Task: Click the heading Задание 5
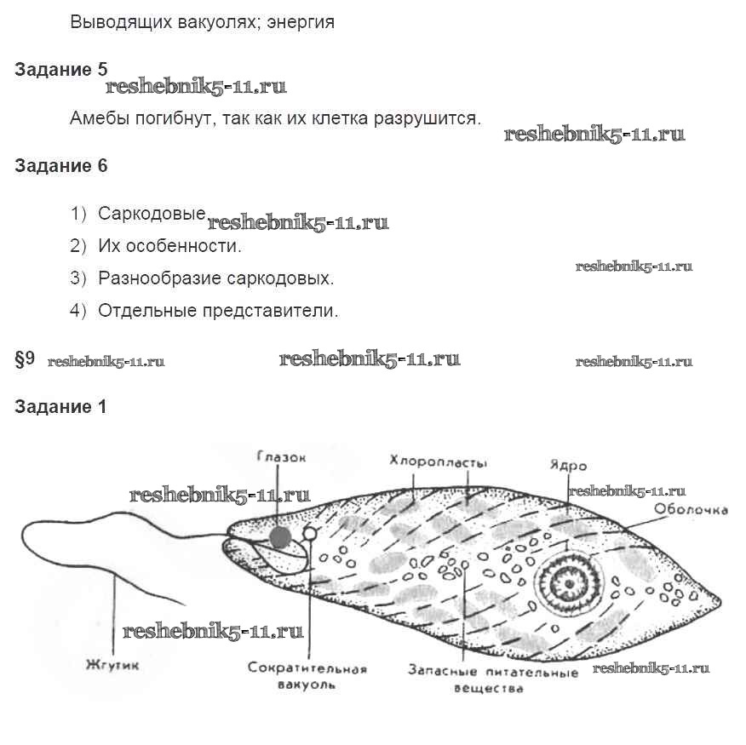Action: tap(60, 70)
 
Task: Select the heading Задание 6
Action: tap(60, 166)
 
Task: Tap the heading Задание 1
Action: tap(60, 407)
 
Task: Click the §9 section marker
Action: tap(25, 359)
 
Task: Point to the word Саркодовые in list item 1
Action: tap(152, 213)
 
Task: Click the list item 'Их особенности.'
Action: tap(169, 246)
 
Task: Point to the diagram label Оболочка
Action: tap(691, 510)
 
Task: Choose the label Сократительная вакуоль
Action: tap(307, 675)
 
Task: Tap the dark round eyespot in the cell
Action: tap(280, 536)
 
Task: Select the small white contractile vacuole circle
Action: tap(310, 534)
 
